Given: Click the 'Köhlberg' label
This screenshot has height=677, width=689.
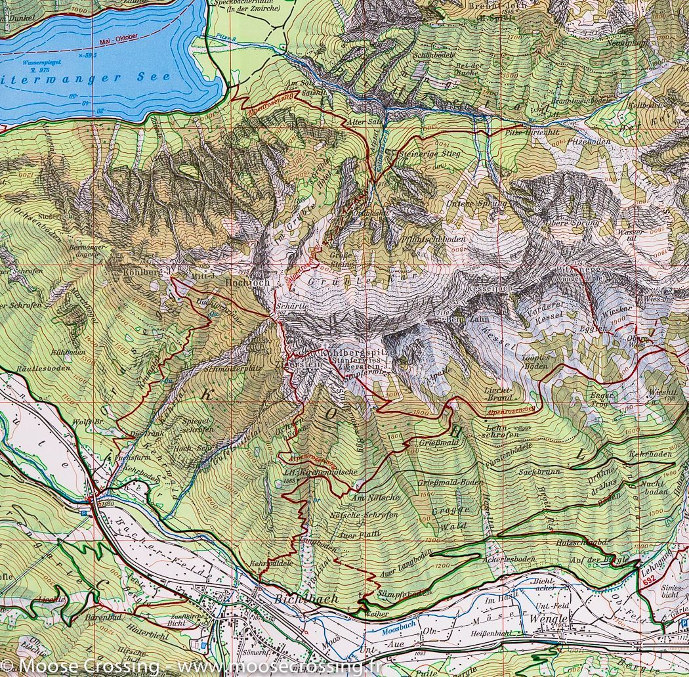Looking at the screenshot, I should [138, 271].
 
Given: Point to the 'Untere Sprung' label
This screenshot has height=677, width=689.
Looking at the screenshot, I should [486, 204].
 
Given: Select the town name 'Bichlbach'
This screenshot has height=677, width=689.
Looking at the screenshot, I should [307, 599].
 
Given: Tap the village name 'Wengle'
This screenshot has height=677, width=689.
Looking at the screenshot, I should [550, 621].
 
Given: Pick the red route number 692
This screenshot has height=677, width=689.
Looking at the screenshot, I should [649, 580].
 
